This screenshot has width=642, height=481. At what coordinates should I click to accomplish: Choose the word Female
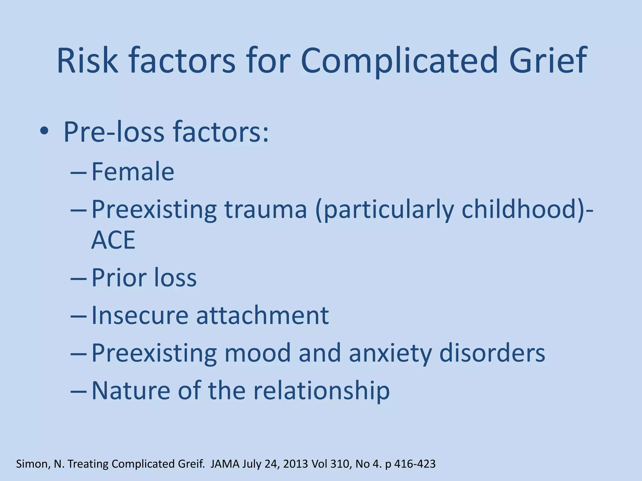coord(133,172)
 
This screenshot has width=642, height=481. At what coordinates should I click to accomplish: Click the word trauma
coord(266,209)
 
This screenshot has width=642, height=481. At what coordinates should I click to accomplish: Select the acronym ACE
coord(113,240)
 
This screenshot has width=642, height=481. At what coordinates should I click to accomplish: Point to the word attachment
coord(262,315)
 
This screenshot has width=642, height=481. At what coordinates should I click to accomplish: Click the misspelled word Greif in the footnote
coord(192,464)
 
